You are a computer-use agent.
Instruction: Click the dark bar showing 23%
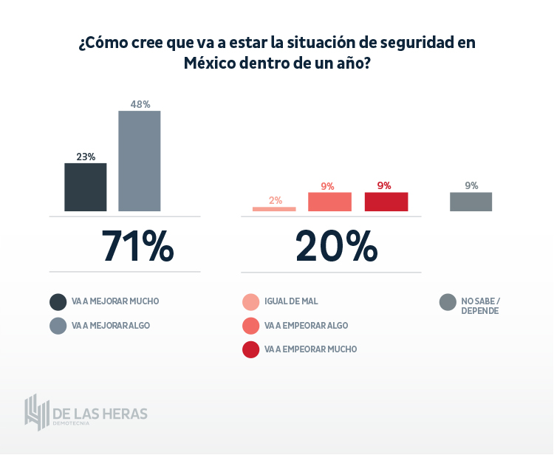tap(86, 187)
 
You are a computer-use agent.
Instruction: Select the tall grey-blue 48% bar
tap(140, 161)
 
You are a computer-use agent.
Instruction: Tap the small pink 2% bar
tap(274, 209)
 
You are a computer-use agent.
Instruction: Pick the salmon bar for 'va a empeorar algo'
tap(329, 202)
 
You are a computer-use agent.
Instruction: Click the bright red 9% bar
tap(386, 202)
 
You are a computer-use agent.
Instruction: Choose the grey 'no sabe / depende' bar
tap(471, 202)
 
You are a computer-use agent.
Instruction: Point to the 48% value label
tap(140, 104)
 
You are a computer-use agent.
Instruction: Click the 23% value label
tap(86, 157)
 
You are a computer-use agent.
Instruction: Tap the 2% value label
tap(275, 200)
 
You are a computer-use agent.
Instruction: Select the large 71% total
tap(137, 246)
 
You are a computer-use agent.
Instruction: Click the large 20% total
tap(336, 246)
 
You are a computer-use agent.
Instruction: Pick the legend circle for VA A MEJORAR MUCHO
tap(58, 302)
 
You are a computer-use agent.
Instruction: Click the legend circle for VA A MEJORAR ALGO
tap(58, 326)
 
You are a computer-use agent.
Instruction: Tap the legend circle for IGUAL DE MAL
tap(251, 302)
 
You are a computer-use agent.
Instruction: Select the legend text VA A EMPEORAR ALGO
tap(306, 326)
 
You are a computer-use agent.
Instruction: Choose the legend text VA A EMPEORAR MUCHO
tap(310, 349)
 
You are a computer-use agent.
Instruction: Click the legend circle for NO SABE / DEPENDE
tap(447, 302)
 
